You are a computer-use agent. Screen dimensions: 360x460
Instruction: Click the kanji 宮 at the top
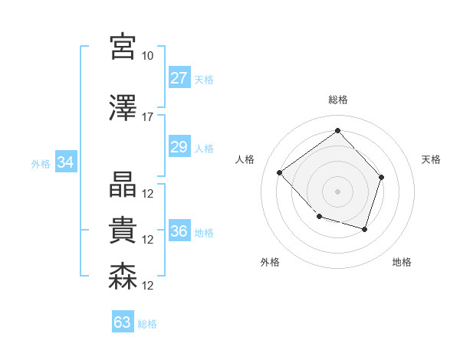click(123, 47)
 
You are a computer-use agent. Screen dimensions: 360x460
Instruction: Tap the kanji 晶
click(123, 185)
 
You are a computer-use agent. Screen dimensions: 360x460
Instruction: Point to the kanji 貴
click(123, 231)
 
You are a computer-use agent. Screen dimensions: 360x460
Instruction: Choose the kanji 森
click(123, 277)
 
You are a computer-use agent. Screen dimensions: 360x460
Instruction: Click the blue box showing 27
click(179, 78)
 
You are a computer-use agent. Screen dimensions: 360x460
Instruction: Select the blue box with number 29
click(179, 147)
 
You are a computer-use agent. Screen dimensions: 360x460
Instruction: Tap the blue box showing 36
click(179, 231)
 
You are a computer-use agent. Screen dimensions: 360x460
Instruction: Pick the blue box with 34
click(65, 162)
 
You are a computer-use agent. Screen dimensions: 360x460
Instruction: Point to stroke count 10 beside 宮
click(147, 56)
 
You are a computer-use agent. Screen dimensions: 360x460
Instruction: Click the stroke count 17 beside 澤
click(147, 117)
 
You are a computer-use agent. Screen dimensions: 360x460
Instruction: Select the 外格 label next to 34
click(41, 163)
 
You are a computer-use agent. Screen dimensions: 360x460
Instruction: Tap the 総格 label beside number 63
click(147, 324)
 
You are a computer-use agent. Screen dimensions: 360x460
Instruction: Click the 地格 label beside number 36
click(204, 232)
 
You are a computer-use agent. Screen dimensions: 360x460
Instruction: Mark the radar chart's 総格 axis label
click(337, 100)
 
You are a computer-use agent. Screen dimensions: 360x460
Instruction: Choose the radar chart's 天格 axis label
click(431, 159)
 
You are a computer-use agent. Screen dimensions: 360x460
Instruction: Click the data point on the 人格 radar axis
click(280, 172)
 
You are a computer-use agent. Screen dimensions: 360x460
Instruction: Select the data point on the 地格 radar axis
click(365, 229)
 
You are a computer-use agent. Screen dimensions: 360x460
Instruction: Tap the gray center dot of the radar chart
click(337, 191)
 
